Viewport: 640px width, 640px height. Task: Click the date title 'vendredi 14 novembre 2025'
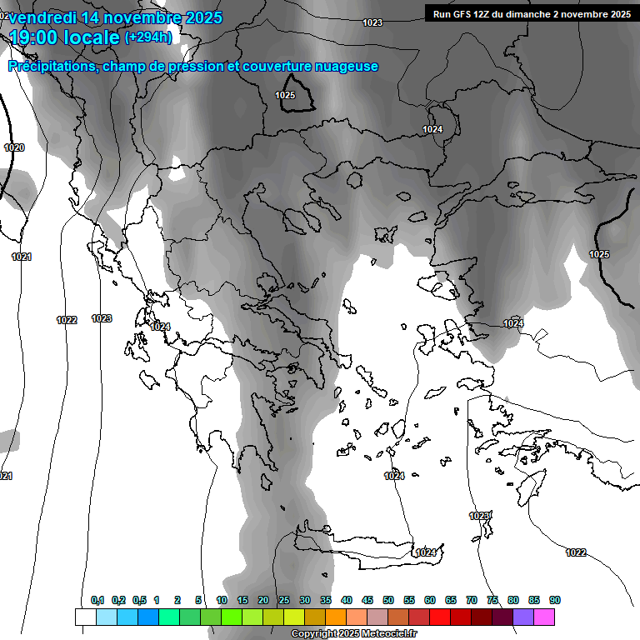click(x=115, y=17)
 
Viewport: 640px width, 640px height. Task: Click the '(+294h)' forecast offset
click(x=148, y=37)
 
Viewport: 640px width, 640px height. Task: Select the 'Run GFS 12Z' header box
click(x=530, y=13)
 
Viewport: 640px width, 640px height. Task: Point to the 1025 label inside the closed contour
click(x=285, y=96)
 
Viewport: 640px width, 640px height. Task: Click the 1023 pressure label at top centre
click(x=372, y=22)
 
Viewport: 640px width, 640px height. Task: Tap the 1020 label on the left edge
click(x=14, y=147)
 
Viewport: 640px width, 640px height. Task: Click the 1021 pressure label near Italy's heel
click(x=22, y=257)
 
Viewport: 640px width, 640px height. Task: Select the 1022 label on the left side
click(x=67, y=320)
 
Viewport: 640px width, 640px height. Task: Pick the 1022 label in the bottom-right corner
click(x=575, y=552)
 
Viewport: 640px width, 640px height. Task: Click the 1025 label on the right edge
click(x=598, y=254)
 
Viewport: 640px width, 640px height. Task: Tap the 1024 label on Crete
click(x=426, y=552)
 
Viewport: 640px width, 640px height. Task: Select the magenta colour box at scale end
click(x=544, y=617)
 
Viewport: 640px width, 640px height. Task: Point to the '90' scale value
click(x=555, y=600)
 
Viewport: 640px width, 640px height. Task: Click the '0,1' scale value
click(x=97, y=600)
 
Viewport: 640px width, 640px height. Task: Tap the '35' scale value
click(x=326, y=600)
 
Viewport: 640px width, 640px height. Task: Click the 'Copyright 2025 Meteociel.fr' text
click(x=353, y=634)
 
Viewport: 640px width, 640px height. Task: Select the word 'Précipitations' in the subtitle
click(x=52, y=67)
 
